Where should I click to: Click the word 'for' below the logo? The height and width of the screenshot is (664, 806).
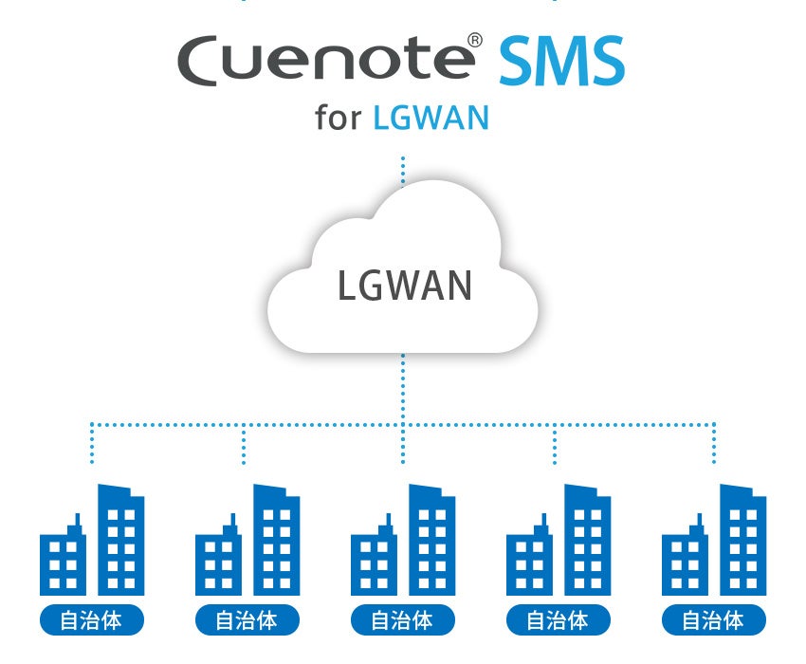(x=339, y=119)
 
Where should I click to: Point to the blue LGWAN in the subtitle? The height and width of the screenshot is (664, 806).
(x=431, y=119)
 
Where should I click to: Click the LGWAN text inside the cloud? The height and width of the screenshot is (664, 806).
(x=404, y=286)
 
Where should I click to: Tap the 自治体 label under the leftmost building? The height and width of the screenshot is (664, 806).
(x=92, y=621)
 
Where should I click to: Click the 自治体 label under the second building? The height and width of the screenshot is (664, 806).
(x=247, y=621)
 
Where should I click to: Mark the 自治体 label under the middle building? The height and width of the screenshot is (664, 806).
(x=403, y=621)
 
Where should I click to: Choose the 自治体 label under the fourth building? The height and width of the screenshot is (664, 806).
(x=559, y=621)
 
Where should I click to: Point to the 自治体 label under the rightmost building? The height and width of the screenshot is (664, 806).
(x=714, y=621)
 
